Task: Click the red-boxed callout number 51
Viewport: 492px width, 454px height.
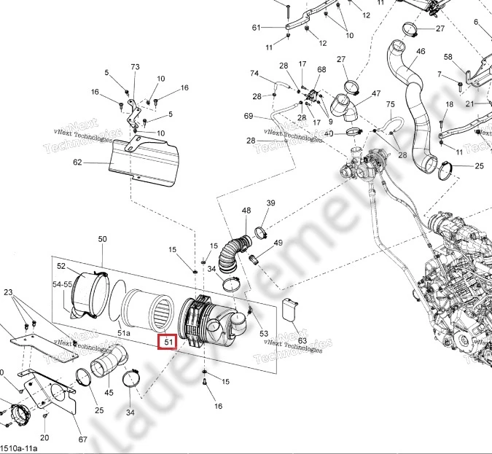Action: pyautogui.click(x=168, y=341)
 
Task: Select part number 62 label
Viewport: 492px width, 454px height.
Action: pyautogui.click(x=98, y=163)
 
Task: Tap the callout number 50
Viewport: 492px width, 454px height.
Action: pyautogui.click(x=102, y=239)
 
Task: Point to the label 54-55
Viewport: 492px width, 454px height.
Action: pyautogui.click(x=62, y=284)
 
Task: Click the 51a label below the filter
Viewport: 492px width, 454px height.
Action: pyautogui.click(x=124, y=332)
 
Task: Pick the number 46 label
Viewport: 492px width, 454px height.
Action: pyautogui.click(x=421, y=51)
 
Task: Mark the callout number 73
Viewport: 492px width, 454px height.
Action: pyautogui.click(x=135, y=67)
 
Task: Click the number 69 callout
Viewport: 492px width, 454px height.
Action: pyautogui.click(x=249, y=116)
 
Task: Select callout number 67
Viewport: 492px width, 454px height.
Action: pyautogui.click(x=82, y=439)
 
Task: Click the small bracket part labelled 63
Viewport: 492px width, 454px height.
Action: pyautogui.click(x=291, y=309)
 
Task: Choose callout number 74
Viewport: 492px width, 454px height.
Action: pyautogui.click(x=254, y=74)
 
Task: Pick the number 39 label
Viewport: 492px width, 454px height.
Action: pyautogui.click(x=270, y=203)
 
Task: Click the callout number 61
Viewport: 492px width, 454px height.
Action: pyautogui.click(x=256, y=28)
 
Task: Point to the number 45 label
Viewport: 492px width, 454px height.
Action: pyautogui.click(x=109, y=393)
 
